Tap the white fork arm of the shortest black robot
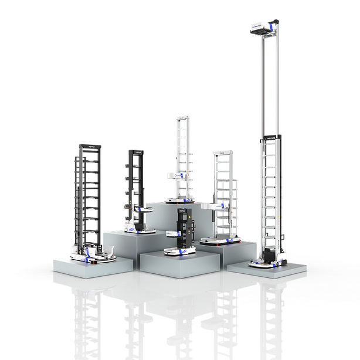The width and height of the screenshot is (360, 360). tap(174, 233)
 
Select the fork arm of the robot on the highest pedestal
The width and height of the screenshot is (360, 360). tap(172, 174)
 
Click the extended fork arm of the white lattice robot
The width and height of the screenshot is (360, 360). tap(212, 206)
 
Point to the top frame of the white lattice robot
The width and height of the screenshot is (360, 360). tap(223, 154)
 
